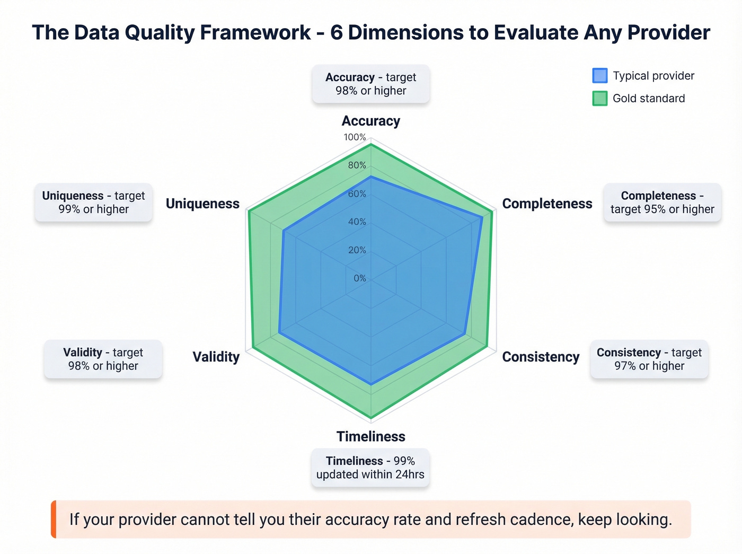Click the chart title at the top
370,32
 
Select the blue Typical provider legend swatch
599,76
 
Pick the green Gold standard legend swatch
599,99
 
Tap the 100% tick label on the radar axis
355,137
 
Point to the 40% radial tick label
357,222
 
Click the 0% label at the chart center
359,278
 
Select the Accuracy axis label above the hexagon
370,121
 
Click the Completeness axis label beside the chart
547,204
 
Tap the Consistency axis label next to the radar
541,357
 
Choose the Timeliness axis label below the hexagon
370,436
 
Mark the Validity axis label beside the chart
216,357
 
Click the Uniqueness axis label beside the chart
202,204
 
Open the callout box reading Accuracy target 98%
370,84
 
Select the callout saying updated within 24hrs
370,468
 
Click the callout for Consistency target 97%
649,359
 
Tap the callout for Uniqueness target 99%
93,203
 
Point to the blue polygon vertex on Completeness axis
482,217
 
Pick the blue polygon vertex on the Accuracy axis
370,177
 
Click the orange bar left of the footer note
54,519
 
